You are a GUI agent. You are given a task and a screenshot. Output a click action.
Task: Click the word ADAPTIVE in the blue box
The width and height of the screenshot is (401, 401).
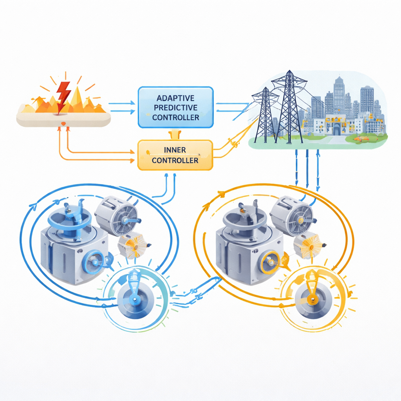point(175,98)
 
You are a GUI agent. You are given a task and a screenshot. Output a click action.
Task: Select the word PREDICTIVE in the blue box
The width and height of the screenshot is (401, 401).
point(175,108)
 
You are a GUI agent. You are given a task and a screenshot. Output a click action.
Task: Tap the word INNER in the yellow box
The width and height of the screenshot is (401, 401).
point(175,150)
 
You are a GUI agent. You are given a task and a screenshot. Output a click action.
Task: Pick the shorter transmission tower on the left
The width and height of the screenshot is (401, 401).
point(265,115)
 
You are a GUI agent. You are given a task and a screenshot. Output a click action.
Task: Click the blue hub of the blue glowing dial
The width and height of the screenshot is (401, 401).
point(134,299)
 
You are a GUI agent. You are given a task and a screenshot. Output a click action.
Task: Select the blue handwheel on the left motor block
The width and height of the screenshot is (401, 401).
point(94,262)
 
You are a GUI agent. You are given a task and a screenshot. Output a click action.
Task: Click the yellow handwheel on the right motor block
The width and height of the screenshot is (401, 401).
point(270,262)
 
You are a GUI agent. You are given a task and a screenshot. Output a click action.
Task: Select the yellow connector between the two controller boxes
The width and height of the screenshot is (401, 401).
point(175,134)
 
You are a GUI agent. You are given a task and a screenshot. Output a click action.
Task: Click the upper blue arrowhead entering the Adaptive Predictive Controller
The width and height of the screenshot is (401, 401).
point(132,103)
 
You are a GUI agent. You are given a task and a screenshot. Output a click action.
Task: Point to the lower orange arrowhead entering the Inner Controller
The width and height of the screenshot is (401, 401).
point(132,161)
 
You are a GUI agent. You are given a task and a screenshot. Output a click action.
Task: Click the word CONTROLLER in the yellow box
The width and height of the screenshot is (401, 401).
point(175,161)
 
